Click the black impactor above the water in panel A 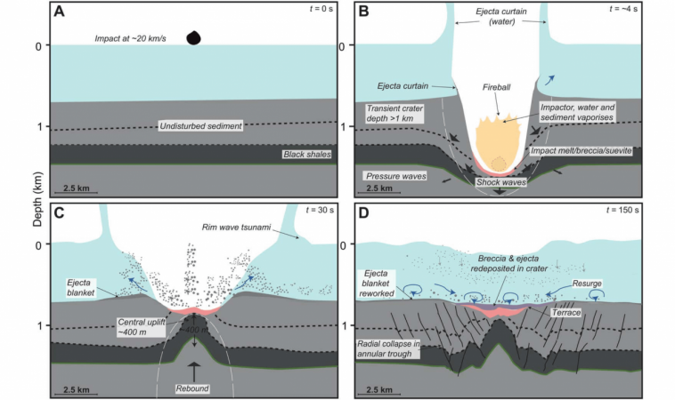(193, 37)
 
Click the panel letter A (59, 12)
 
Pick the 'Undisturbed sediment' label (200, 125)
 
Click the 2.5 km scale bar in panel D (386, 391)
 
